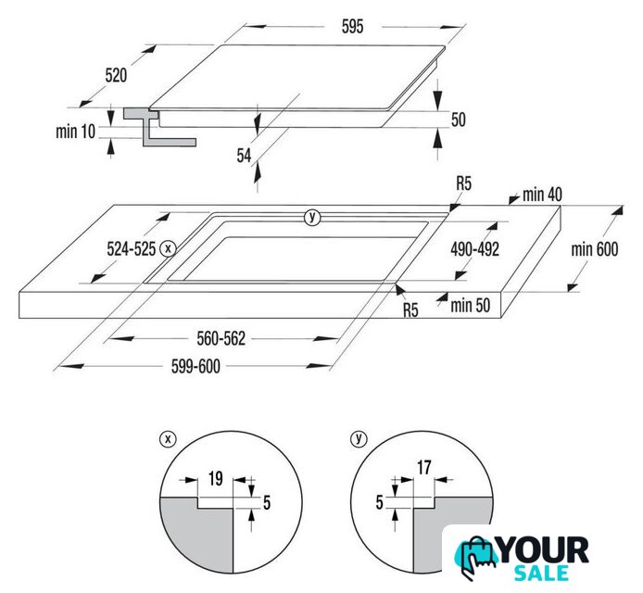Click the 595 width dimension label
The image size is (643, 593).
[352, 27]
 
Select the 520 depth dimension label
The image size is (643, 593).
[116, 75]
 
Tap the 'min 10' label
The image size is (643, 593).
[75, 132]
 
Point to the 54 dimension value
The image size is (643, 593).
[244, 156]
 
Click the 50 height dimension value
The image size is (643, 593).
[459, 120]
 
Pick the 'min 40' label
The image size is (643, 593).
[542, 195]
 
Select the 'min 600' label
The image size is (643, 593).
[595, 249]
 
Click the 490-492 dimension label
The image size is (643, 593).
[475, 249]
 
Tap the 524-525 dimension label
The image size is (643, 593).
[132, 249]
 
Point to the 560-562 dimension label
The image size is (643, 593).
[221, 339]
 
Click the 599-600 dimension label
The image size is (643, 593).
[195, 366]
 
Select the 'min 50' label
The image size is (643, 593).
[471, 306]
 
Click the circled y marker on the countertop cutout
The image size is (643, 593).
[312, 217]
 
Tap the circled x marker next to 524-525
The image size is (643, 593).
[168, 248]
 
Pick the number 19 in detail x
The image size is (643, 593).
[216, 479]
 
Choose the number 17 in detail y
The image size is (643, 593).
[424, 468]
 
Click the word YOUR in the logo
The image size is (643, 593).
[544, 550]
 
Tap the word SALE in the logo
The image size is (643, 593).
[541, 573]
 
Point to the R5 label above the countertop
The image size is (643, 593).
[464, 183]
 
